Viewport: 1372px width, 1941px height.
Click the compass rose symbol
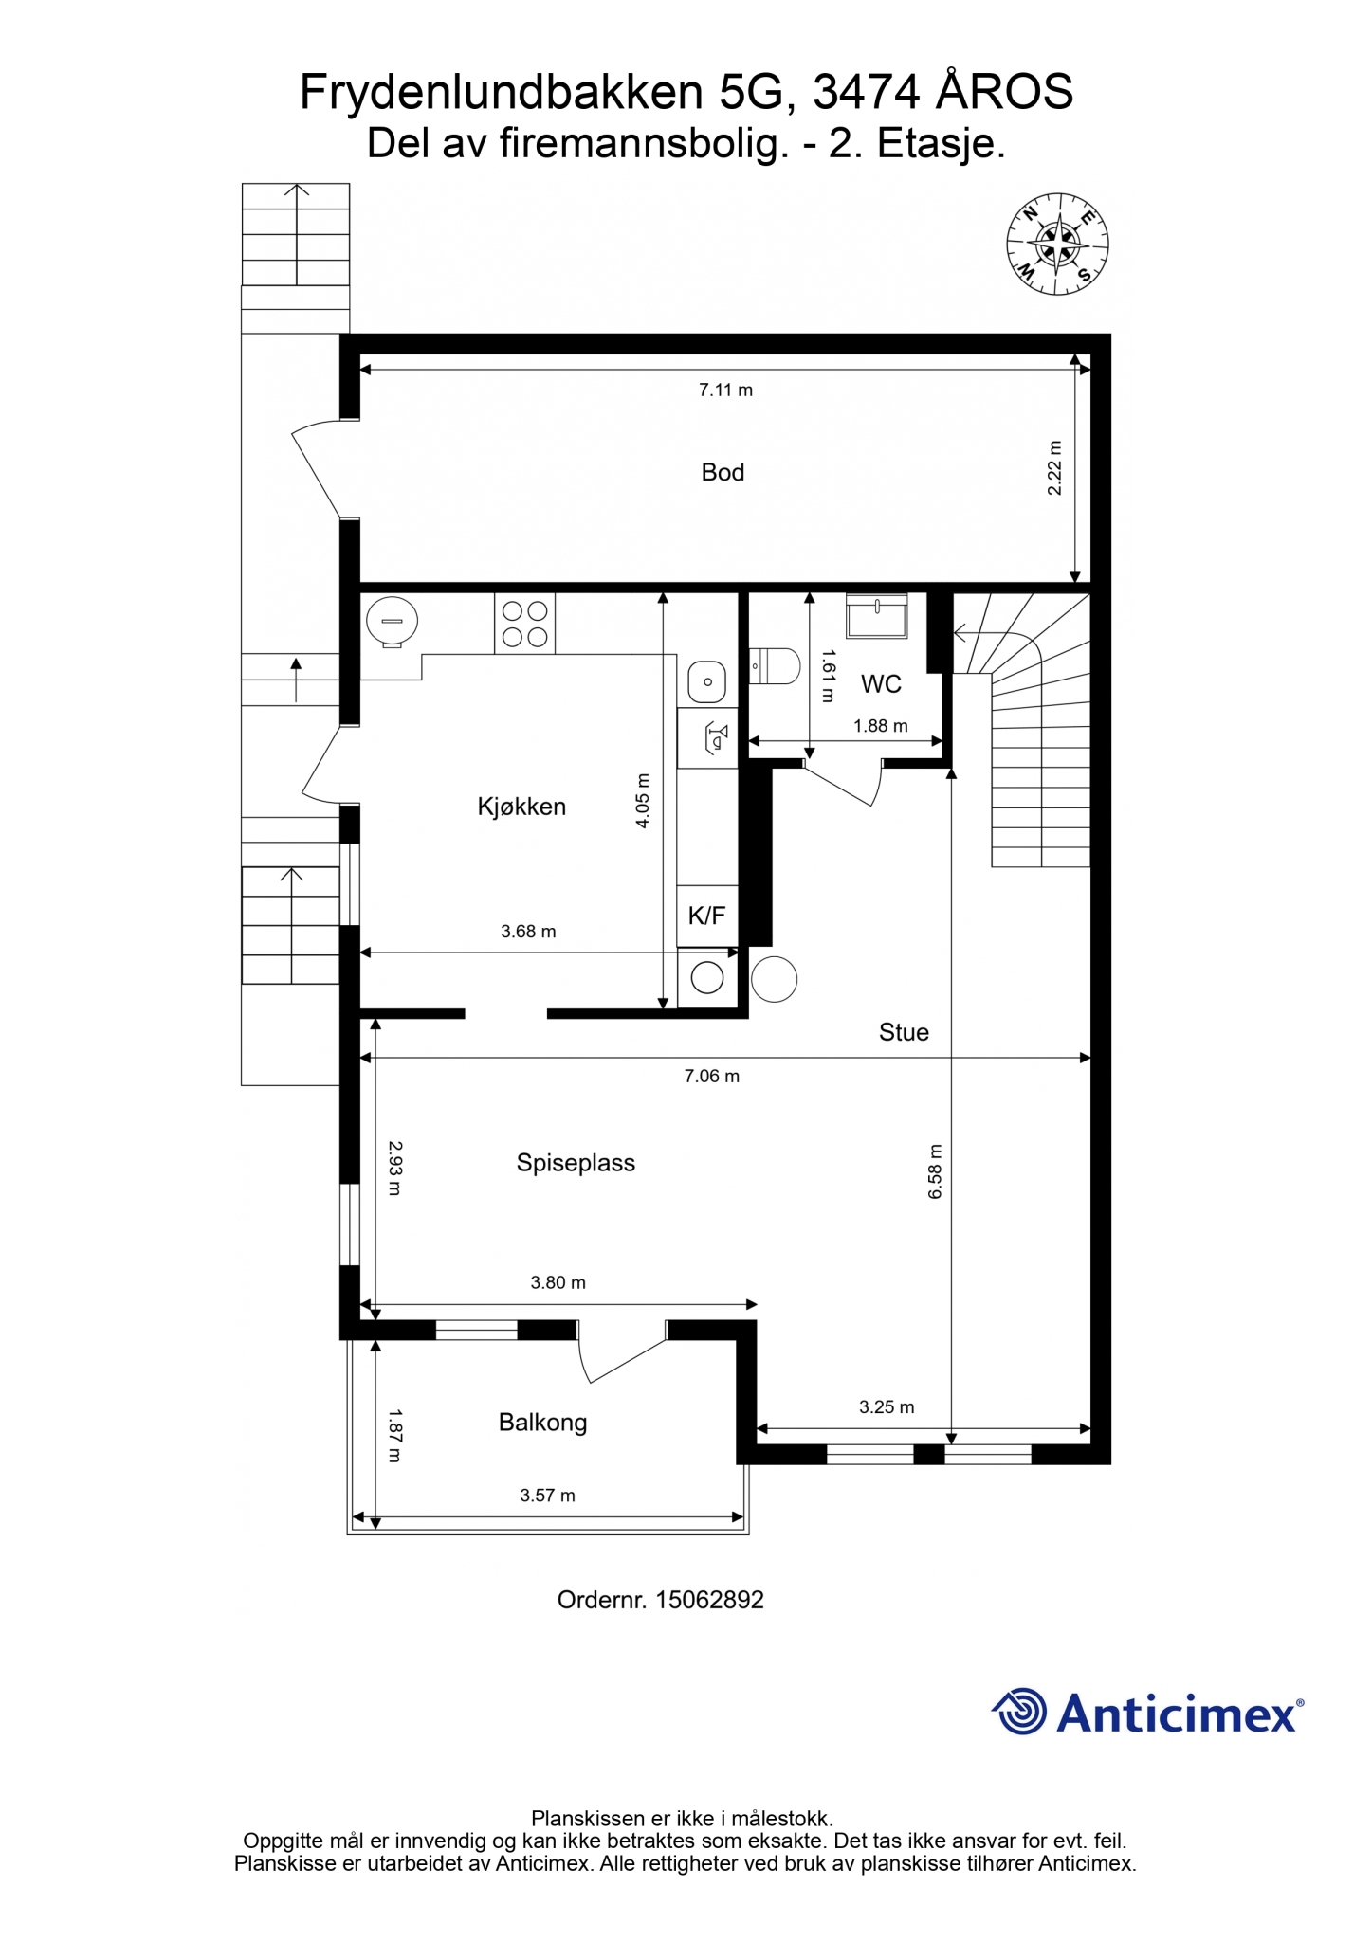[1057, 245]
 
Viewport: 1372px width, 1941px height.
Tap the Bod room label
[723, 472]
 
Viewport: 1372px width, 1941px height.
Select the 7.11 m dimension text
[725, 390]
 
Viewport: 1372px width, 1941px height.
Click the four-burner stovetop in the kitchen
[524, 624]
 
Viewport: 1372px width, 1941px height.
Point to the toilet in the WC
[774, 665]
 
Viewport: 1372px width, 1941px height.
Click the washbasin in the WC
[877, 616]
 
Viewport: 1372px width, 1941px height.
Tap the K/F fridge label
[706, 916]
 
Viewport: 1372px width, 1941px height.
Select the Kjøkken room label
[521, 807]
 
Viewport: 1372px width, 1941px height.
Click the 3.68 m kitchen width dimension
[528, 932]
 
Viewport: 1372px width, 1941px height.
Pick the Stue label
[904, 1032]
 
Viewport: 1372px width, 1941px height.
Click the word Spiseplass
[576, 1163]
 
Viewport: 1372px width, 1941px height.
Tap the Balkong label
[542, 1423]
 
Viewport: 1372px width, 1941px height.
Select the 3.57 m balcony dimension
[547, 1496]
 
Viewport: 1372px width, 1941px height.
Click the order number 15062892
[709, 1600]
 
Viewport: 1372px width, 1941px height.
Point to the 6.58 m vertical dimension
[936, 1171]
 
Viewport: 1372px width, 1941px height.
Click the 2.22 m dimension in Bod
[1054, 468]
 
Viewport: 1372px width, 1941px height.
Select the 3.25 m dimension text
[887, 1407]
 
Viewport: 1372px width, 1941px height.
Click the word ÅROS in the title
[1005, 91]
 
